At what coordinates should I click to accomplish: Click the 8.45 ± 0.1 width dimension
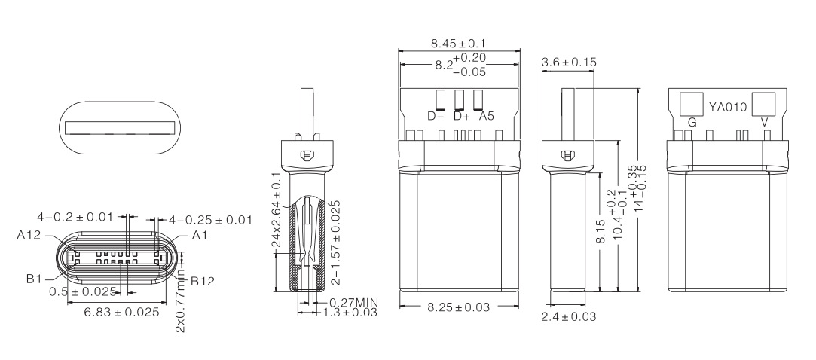click(x=459, y=44)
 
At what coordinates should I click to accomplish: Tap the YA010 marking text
click(x=728, y=108)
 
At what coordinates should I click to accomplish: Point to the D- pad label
click(x=436, y=116)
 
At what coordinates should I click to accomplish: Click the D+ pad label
click(x=461, y=116)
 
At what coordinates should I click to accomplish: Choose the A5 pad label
click(x=486, y=116)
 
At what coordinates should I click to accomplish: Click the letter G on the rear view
click(x=691, y=122)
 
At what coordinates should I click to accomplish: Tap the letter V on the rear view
click(x=765, y=122)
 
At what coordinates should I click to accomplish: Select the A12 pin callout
click(x=29, y=235)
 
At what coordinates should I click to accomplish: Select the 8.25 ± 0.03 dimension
click(x=459, y=307)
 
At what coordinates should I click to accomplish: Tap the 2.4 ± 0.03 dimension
click(x=569, y=317)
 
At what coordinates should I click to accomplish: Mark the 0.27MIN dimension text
click(x=353, y=303)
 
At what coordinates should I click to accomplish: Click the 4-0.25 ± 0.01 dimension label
click(x=210, y=219)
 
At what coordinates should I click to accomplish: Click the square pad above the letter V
click(x=763, y=103)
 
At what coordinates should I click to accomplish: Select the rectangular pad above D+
click(x=459, y=99)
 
